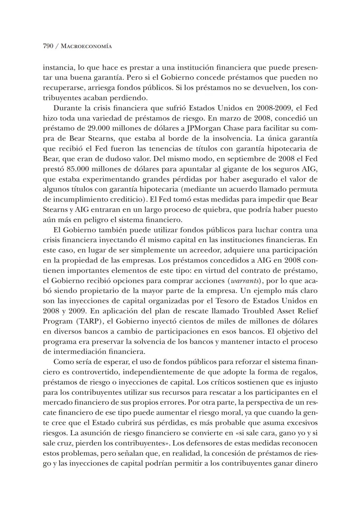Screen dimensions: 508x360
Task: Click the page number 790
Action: click(x=48, y=46)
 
